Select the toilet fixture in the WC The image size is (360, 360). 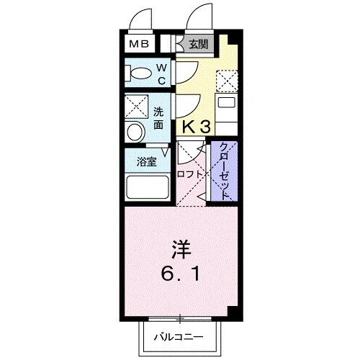click(139, 72)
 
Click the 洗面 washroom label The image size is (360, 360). click(159, 117)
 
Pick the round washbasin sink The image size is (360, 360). click(135, 132)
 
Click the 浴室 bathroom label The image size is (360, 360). click(146, 162)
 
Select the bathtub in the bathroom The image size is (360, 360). click(146, 188)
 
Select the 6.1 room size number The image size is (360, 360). click(181, 276)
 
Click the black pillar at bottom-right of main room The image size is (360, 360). click(233, 310)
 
